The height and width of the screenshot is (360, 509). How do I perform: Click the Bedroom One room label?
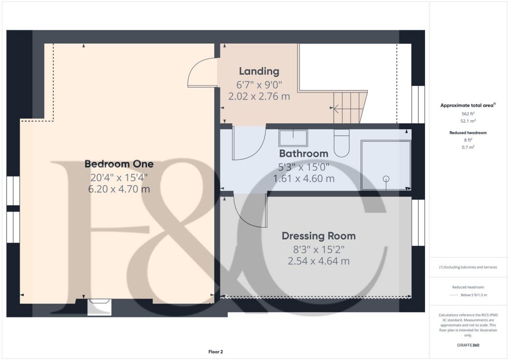click(x=119, y=164)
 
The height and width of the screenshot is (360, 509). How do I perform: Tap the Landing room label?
click(x=259, y=71)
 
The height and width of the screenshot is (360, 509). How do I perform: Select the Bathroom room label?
click(x=303, y=153)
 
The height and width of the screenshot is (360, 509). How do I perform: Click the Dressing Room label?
click(x=319, y=236)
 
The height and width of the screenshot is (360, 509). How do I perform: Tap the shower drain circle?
click(x=386, y=179)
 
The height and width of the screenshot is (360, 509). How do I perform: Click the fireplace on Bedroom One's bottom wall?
click(x=99, y=306)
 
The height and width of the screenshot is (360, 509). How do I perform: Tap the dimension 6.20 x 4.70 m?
click(x=119, y=189)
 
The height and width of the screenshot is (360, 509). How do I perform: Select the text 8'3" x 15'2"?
click(x=319, y=248)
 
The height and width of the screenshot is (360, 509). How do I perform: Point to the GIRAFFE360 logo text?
click(x=468, y=345)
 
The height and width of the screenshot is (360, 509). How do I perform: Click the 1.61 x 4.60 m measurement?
click(x=303, y=178)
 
